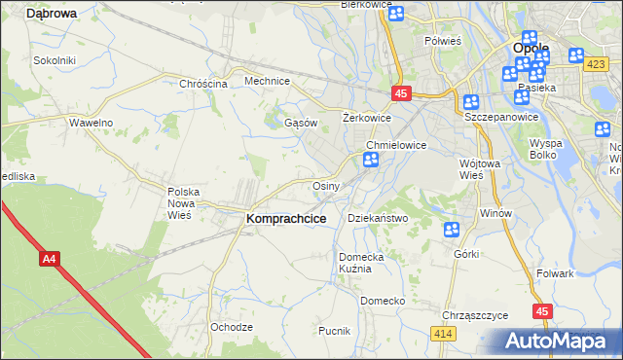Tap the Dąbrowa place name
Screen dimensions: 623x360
[52, 14]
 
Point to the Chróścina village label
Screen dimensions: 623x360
[203, 84]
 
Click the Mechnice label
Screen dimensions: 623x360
[268, 82]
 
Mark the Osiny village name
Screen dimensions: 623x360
[325, 186]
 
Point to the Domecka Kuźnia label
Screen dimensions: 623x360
[361, 263]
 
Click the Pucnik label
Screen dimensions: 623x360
[334, 331]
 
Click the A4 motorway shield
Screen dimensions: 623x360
[50, 260]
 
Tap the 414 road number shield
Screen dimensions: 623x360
[444, 334]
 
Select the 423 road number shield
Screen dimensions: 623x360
[597, 64]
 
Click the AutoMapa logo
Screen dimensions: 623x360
[557, 342]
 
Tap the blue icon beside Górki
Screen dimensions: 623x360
[452, 231]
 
